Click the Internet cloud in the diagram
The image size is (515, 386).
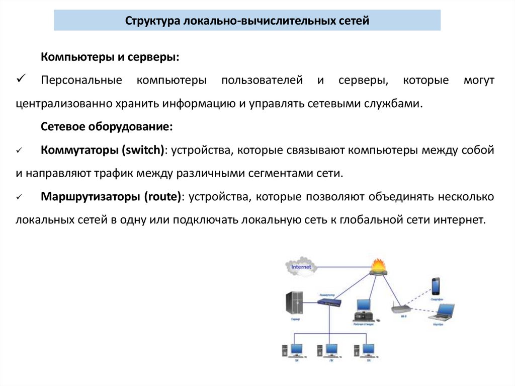301,267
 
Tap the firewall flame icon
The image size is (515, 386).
378,267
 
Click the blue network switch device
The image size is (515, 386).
329,302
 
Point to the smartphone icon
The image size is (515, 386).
436,286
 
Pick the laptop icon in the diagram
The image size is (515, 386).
442,314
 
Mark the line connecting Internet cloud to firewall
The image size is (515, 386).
342,267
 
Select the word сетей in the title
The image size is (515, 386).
355,21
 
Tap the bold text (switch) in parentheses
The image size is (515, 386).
146,150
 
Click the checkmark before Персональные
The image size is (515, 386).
21,80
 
